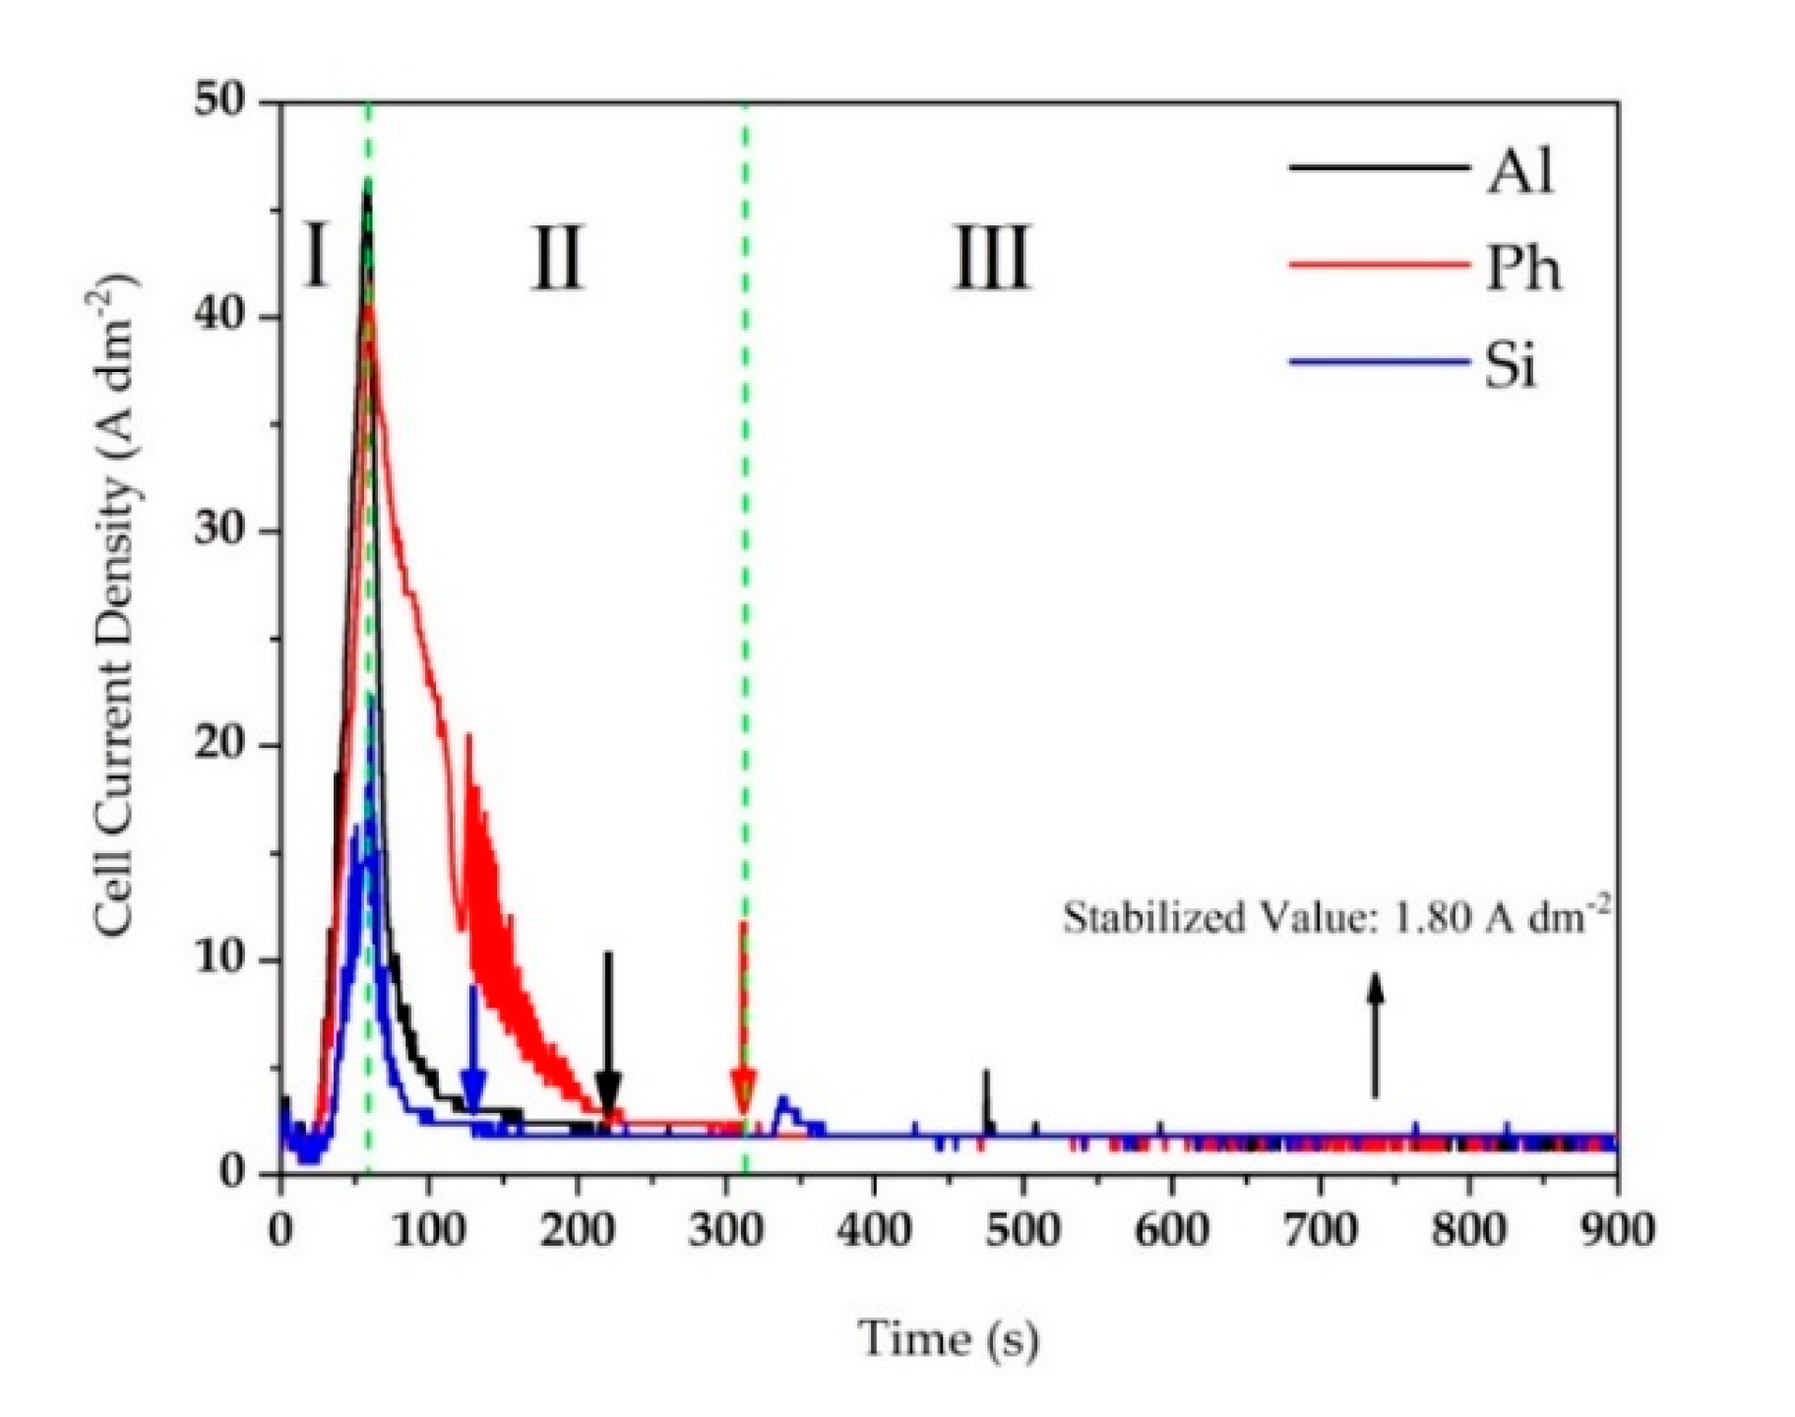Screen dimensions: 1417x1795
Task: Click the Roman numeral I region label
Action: pos(315,256)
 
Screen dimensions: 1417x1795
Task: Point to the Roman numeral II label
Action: pos(558,258)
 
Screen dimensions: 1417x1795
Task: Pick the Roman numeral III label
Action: pos(992,258)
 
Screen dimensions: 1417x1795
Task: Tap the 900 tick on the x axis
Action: pos(1616,1230)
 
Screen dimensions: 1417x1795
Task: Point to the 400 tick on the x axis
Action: pos(874,1230)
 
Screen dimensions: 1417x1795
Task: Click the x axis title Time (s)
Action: pos(948,1338)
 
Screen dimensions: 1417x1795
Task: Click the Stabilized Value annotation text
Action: pos(1336,918)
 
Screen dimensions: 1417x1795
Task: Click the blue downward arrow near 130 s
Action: pos(473,1053)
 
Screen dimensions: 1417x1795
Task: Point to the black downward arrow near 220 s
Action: pos(608,1033)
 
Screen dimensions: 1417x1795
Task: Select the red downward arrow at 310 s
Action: pos(743,1023)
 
